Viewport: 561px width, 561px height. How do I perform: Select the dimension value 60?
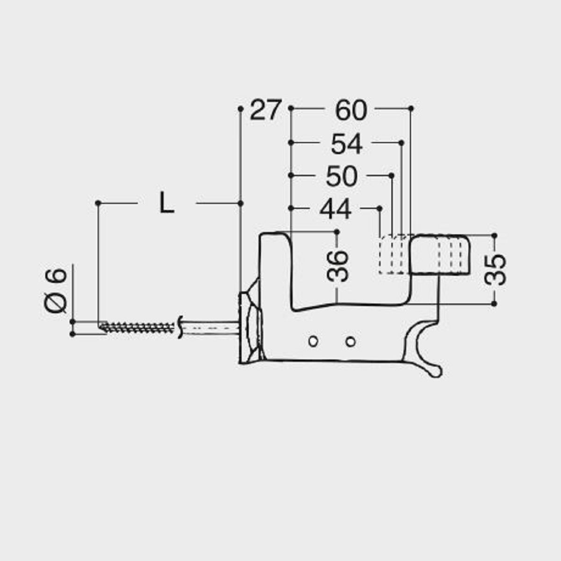(351, 111)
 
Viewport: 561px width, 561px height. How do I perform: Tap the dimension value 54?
(346, 144)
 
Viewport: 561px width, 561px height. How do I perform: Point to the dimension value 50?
(342, 177)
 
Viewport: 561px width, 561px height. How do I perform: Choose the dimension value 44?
(336, 209)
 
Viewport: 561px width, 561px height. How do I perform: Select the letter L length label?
(166, 204)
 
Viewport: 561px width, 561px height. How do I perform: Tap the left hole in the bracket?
(313, 341)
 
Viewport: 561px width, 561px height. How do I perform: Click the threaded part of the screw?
(138, 327)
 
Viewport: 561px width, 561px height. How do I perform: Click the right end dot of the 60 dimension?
(411, 108)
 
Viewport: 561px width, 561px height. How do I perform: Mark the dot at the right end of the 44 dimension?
(380, 208)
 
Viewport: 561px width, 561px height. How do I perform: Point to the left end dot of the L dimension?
(98, 203)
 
